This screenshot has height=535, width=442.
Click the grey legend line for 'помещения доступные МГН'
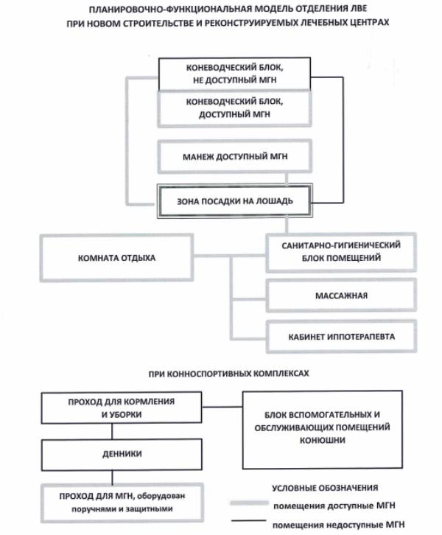pos(248,506)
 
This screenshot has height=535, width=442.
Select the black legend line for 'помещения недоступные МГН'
pos(248,524)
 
